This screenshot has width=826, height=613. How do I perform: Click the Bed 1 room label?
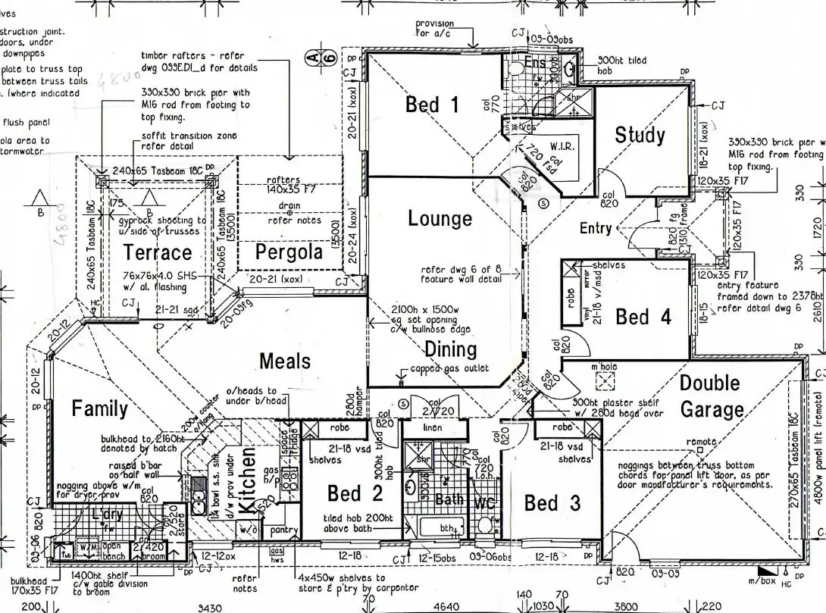tap(432, 104)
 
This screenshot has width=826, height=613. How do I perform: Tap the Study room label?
tap(640, 136)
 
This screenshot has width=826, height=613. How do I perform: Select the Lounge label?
tap(440, 219)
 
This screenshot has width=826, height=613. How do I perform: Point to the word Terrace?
tap(158, 252)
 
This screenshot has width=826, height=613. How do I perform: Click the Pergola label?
tap(289, 252)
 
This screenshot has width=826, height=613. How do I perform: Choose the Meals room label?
tap(285, 361)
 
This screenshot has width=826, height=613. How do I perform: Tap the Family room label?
tap(99, 408)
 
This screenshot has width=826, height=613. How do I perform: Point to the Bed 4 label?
tap(643, 317)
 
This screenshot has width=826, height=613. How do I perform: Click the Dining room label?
tap(450, 349)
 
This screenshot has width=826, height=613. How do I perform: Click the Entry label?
tap(596, 228)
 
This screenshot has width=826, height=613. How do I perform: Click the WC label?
tap(484, 502)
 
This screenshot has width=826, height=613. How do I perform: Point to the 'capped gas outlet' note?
tap(450, 369)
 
